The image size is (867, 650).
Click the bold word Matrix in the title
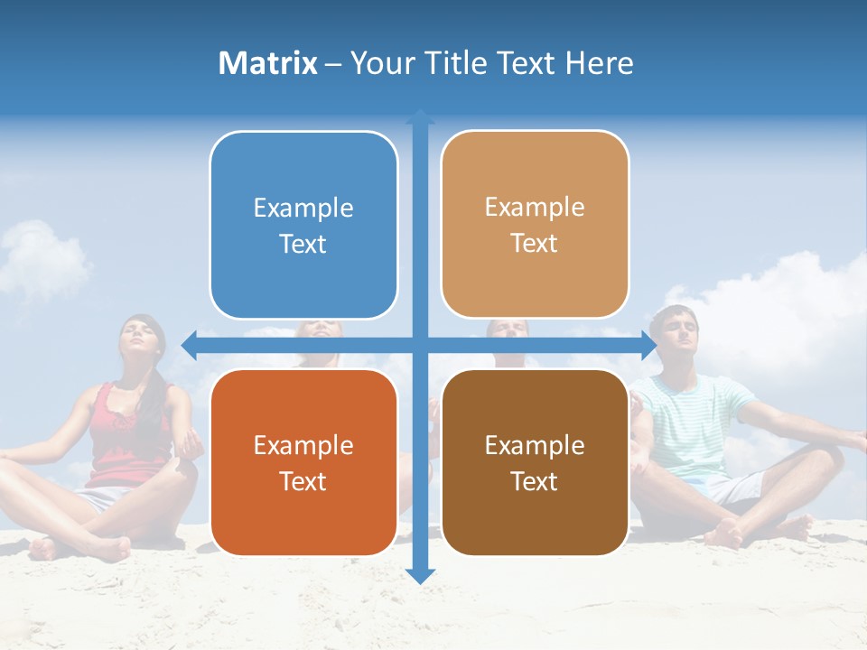point(267,63)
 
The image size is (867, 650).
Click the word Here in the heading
point(599,63)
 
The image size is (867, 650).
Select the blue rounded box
point(303,225)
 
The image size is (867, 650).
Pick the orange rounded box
point(303,462)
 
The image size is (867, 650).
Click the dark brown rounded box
point(535,462)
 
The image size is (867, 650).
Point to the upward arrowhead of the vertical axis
point(420,116)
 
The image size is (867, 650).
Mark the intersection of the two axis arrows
point(420,344)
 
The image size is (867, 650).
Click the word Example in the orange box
point(303,445)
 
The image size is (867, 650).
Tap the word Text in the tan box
point(535,244)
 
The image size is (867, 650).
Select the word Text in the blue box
point(303,245)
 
